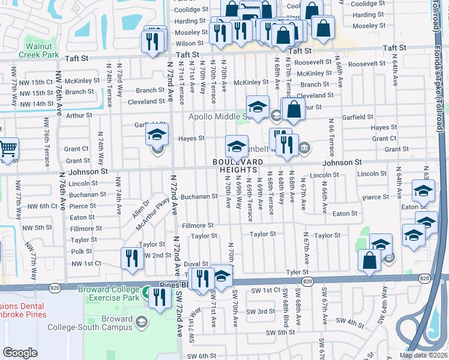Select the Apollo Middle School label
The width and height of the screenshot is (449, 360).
pyautogui.click(x=228, y=117)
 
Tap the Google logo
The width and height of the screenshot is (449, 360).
pyautogui.click(x=20, y=353)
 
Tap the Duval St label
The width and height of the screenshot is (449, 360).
pyautogui.click(x=196, y=264)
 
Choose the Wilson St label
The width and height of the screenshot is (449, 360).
pyautogui.click(x=190, y=44)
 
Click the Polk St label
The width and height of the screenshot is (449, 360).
pyautogui.click(x=82, y=252)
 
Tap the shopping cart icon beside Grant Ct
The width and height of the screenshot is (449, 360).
pyautogui.click(x=8, y=148)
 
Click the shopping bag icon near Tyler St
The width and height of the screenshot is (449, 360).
pyautogui.click(x=369, y=260)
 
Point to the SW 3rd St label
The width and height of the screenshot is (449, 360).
pyautogui.click(x=263, y=311)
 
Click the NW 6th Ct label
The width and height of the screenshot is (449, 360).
pyautogui.click(x=40, y=206)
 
